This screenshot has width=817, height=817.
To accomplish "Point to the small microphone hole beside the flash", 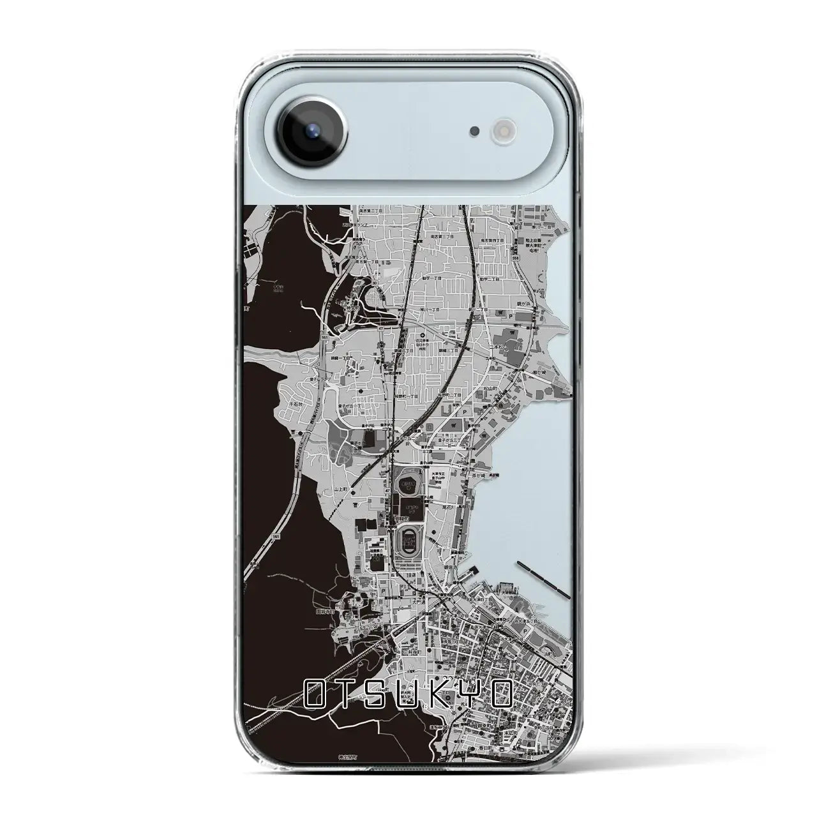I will point(474,131).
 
